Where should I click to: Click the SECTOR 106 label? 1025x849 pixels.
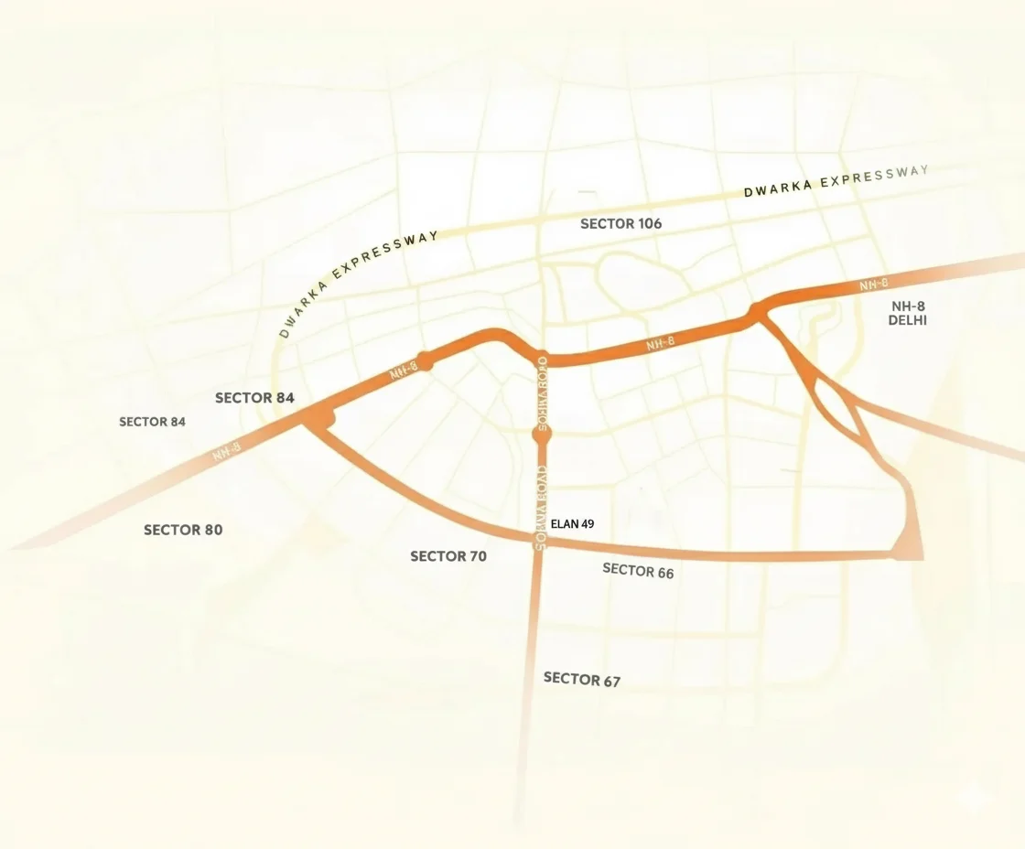[620, 223]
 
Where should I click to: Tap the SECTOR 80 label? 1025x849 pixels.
[183, 530]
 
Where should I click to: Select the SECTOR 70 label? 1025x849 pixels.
[448, 556]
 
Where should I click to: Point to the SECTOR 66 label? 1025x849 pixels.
[638, 571]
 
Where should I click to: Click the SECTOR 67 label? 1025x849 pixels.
[582, 679]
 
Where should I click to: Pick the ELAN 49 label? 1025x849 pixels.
[573, 524]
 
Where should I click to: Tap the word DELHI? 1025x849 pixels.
[908, 320]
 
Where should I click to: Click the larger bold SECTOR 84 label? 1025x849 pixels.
[254, 398]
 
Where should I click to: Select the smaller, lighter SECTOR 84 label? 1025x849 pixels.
[152, 422]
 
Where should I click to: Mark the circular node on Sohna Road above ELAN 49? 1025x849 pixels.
[542, 436]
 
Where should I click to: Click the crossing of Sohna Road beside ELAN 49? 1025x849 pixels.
[540, 543]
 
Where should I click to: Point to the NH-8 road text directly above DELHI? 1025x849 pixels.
[874, 285]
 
